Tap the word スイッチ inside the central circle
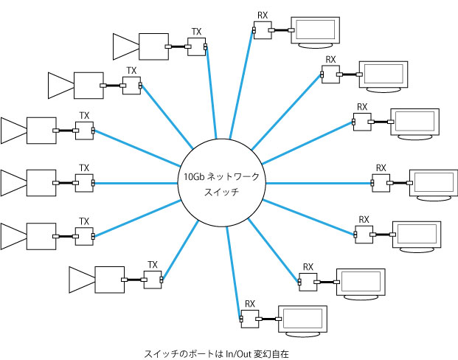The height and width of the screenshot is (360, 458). coord(221,192)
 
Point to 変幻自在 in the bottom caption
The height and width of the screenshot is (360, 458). coord(271,354)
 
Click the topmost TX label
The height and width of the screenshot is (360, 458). coord(196,32)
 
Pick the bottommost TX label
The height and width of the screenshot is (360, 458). coord(153,265)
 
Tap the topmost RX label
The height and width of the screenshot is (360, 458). coord(263,15)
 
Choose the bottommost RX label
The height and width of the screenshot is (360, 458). coord(250,304)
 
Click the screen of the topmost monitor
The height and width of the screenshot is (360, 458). coord(316,30)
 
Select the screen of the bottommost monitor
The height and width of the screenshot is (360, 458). coord(302,318)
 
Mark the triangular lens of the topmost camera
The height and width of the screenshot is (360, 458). coord(125,46)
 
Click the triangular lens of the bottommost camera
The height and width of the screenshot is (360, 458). coord(82,280)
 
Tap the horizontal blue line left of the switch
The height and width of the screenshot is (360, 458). coord(136,184)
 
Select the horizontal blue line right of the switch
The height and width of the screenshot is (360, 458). coord(319,184)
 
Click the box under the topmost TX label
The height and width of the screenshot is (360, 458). coord(196,46)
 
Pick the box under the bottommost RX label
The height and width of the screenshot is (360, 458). coord(250,319)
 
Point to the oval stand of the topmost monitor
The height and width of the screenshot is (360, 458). coord(315,46)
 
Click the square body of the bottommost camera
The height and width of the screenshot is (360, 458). coord(110,280)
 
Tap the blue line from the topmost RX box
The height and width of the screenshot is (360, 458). coord(241,84)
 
